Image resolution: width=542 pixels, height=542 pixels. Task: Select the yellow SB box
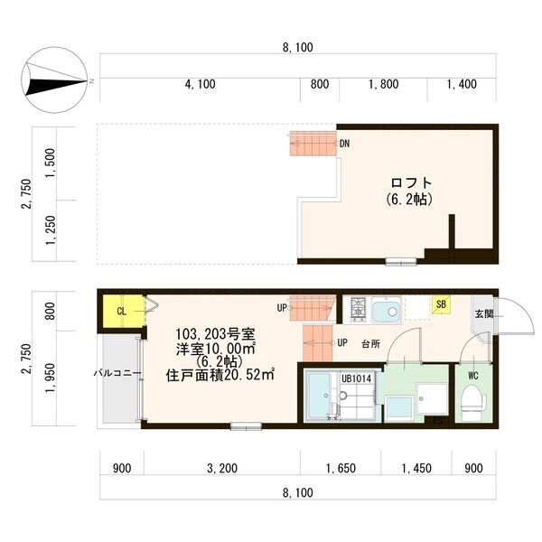pos(440,305)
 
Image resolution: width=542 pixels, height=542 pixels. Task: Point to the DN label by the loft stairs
pos(344,144)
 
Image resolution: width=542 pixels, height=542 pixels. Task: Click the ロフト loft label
pos(408,181)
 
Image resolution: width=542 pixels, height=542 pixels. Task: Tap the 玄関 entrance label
pos(483,313)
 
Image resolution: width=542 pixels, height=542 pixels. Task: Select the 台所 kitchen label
pos(370,344)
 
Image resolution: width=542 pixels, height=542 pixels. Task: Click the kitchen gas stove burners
pos(358,310)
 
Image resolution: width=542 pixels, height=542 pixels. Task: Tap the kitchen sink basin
pos(389,312)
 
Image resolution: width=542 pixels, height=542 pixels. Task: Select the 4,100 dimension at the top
pos(200,84)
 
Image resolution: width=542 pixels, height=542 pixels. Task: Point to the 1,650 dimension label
pos(341,468)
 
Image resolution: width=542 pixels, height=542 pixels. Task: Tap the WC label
pos(472,374)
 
